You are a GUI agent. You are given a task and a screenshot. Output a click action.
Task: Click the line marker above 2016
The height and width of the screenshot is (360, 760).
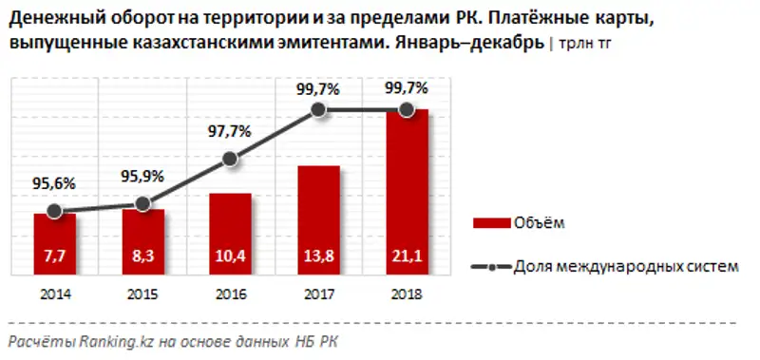230,159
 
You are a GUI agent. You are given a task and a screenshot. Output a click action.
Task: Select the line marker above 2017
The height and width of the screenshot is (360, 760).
318,111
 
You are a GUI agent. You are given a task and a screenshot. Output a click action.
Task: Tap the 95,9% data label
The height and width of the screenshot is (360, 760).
142,176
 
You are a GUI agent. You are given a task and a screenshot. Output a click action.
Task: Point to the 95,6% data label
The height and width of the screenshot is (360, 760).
54,183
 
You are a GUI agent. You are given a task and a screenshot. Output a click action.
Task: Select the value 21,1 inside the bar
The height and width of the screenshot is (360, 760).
407,255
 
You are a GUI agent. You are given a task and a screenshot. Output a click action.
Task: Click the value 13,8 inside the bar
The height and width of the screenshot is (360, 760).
318,255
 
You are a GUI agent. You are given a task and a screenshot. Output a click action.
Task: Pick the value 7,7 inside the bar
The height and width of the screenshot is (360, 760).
54,255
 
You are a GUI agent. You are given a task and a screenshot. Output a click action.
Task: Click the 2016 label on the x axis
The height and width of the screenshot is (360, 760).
230,294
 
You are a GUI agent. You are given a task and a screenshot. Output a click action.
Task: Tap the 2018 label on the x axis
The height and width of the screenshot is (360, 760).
407,294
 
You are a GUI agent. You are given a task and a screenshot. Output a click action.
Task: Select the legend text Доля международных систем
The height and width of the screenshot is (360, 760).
625,267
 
